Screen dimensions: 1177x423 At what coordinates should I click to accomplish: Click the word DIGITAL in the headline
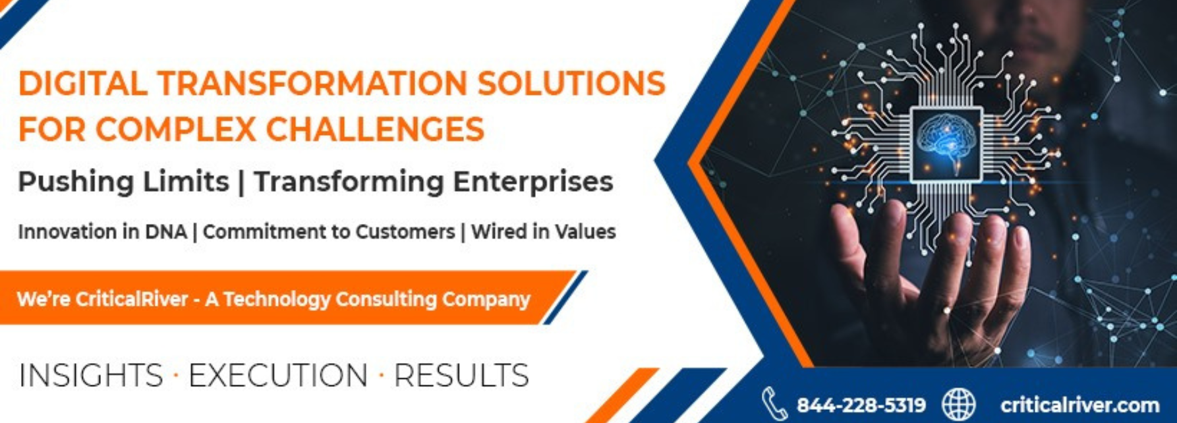83,84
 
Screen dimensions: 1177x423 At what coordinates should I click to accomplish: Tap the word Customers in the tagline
405,232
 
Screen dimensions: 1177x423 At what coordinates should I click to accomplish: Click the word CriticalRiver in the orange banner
132,299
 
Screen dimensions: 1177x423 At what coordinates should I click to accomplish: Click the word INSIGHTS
91,376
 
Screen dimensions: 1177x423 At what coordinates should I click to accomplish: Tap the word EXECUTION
278,376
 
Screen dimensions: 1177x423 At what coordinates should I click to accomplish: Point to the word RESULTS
461,376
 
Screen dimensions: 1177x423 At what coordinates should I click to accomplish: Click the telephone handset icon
774,404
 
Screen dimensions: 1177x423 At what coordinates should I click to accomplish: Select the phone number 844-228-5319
861,405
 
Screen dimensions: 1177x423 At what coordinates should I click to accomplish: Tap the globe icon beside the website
958,404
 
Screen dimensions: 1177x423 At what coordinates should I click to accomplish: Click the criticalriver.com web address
1079,405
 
